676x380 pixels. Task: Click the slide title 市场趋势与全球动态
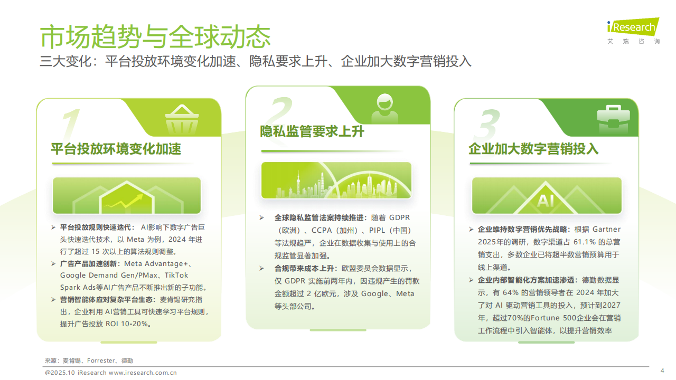click(x=156, y=36)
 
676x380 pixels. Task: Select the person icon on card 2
click(x=388, y=109)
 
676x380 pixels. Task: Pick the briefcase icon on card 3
click(x=612, y=120)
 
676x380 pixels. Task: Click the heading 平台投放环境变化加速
click(x=116, y=149)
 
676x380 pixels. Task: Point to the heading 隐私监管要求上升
click(x=312, y=131)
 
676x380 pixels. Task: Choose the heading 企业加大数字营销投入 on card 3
click(x=533, y=149)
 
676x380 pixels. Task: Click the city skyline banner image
click(x=336, y=180)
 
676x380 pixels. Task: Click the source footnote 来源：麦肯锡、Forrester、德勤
click(x=89, y=360)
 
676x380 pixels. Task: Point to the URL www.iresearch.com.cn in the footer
click(x=143, y=373)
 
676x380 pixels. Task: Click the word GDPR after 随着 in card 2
click(x=399, y=217)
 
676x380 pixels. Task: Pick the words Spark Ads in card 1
click(x=78, y=288)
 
